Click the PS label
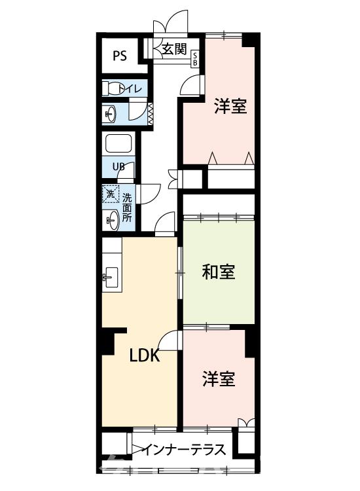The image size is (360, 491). coord(119,55)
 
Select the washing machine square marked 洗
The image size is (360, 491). coord(110,194)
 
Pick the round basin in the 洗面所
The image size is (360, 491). coord(111,219)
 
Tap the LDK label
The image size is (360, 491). coord(144,356)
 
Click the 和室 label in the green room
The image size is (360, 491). coord(218,272)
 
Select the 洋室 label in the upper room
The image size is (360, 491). coord(230,106)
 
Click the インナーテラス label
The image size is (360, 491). coord(185,450)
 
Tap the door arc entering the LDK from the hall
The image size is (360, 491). coord(165,223)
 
